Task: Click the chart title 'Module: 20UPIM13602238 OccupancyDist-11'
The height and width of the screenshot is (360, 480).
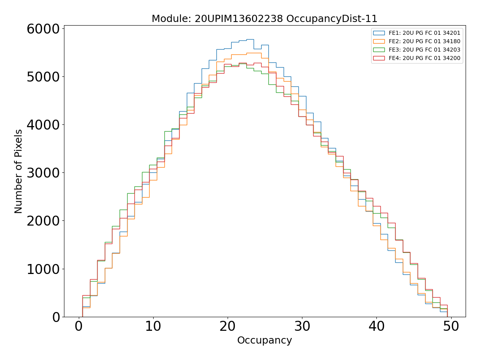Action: [264, 19]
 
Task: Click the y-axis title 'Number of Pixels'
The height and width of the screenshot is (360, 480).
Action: [18, 171]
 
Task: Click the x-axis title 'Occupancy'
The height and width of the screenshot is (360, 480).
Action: [264, 340]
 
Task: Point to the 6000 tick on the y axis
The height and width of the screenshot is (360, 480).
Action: [43, 29]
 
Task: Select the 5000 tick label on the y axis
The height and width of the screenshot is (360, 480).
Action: [43, 77]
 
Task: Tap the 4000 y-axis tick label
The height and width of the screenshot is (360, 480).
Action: [43, 125]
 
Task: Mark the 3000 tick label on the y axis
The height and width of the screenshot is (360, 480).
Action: [43, 173]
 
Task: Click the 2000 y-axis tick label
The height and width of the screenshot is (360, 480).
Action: [43, 221]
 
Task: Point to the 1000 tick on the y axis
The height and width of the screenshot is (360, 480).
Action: [43, 269]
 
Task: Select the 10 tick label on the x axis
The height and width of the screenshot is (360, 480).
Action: [153, 326]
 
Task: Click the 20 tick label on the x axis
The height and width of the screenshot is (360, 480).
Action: [228, 326]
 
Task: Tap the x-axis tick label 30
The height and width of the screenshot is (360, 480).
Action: [302, 326]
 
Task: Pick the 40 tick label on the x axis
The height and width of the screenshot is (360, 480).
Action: [376, 326]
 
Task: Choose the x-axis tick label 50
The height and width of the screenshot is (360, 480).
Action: [451, 326]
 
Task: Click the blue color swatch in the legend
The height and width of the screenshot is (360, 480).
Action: [379, 33]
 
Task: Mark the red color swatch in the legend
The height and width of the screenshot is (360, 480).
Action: [379, 58]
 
